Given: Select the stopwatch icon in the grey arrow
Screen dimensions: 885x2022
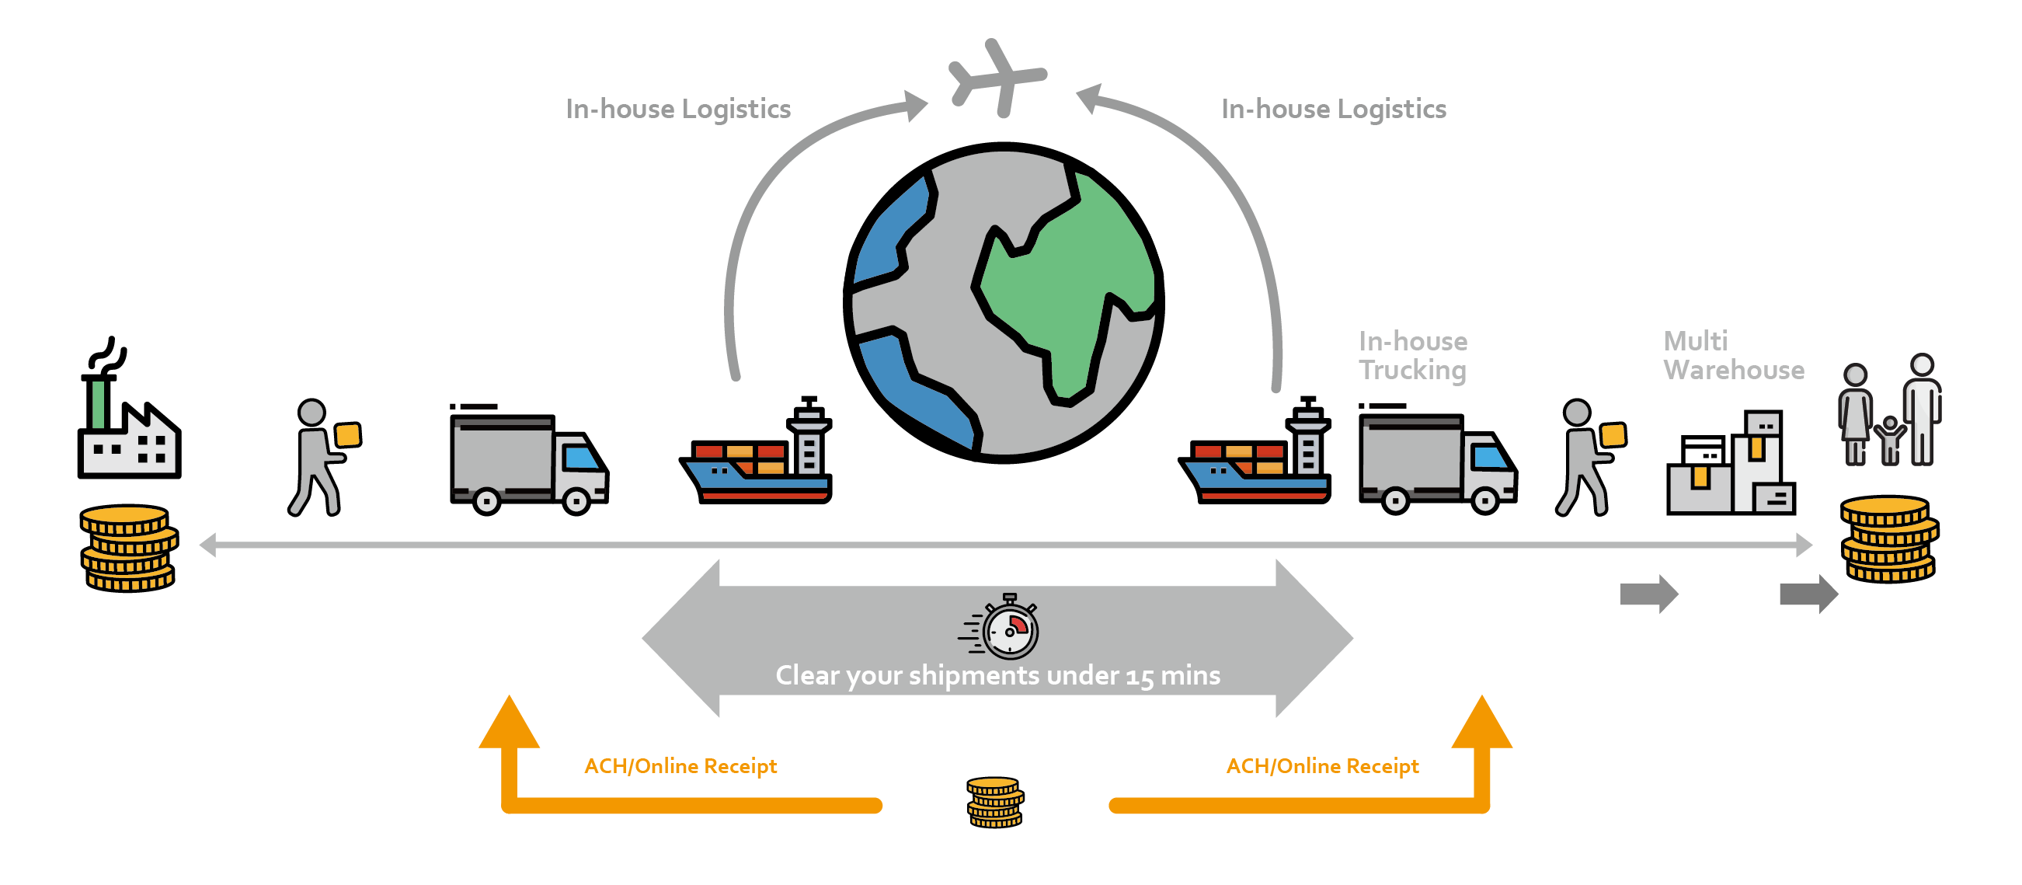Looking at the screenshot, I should [x=1010, y=629].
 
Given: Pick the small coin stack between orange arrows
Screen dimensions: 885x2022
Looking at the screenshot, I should [x=994, y=802].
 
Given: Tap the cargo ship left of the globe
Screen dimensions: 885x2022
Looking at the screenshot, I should [x=756, y=463].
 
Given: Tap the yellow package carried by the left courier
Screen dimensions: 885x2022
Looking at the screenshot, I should [x=348, y=435].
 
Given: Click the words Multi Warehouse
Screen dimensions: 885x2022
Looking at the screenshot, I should [x=1733, y=356].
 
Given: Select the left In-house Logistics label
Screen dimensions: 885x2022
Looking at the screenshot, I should [x=678, y=109].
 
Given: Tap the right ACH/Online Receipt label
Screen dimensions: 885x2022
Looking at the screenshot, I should [x=1323, y=765].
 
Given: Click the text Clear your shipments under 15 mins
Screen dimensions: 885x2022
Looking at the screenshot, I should [x=997, y=675].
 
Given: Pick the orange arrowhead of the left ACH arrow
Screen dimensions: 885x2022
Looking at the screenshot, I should [x=510, y=723].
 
